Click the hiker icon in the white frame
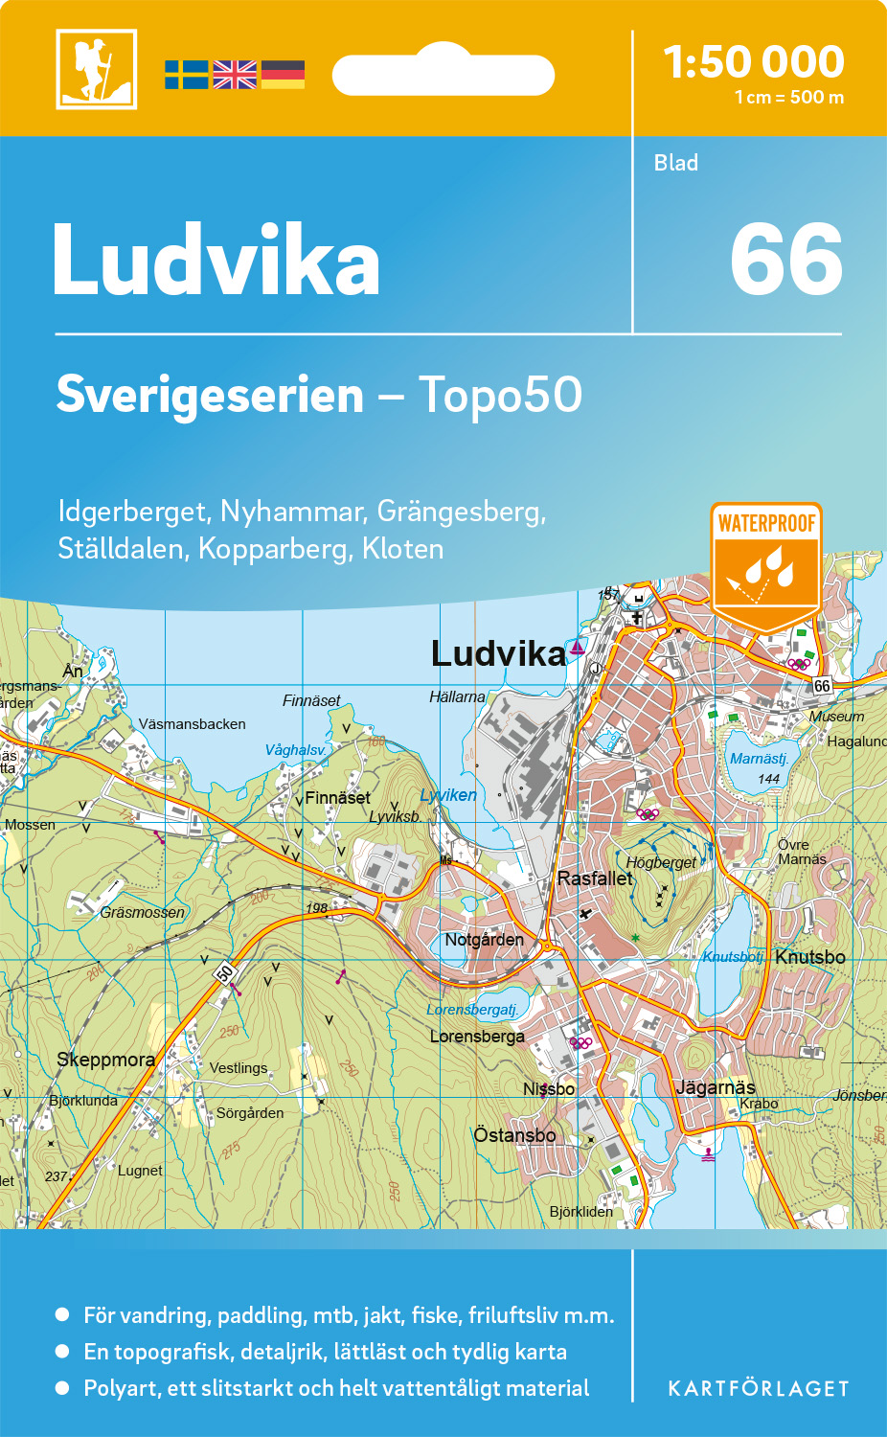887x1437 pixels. (x=96, y=69)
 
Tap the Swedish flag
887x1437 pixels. (x=186, y=75)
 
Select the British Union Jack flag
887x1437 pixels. (x=235, y=75)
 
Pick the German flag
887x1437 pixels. (x=283, y=75)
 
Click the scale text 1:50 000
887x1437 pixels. (x=754, y=62)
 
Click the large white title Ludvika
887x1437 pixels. (x=216, y=261)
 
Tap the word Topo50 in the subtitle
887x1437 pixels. (x=500, y=395)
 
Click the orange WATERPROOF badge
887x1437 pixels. (x=766, y=565)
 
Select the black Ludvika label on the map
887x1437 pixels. (x=498, y=654)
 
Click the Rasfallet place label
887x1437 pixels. (x=595, y=878)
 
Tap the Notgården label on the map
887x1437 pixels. (x=484, y=940)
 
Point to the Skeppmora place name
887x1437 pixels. (x=105, y=1060)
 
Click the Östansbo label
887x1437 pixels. (x=514, y=1135)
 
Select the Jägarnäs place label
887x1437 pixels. (x=716, y=1087)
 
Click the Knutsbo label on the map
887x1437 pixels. (x=809, y=957)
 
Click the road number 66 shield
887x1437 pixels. (x=822, y=686)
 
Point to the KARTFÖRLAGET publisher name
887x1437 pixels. (x=759, y=1389)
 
